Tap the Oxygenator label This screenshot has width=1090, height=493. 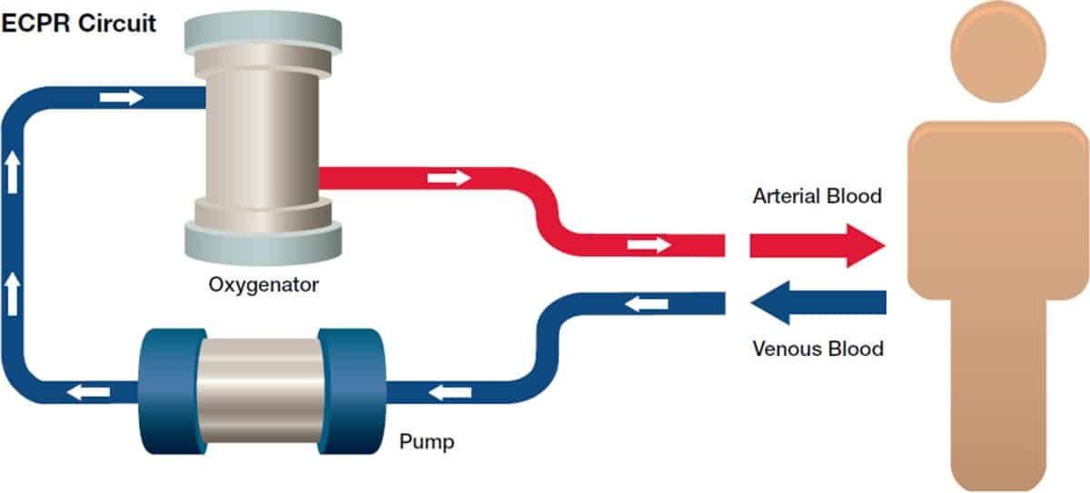(x=263, y=285)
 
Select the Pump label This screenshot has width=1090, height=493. (x=427, y=444)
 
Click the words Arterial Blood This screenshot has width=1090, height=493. (x=817, y=196)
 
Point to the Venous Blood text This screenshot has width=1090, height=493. (x=817, y=349)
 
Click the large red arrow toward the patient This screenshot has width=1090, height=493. (x=816, y=245)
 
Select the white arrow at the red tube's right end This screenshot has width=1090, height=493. (x=649, y=244)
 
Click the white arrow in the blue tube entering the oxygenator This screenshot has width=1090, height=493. (x=122, y=97)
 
